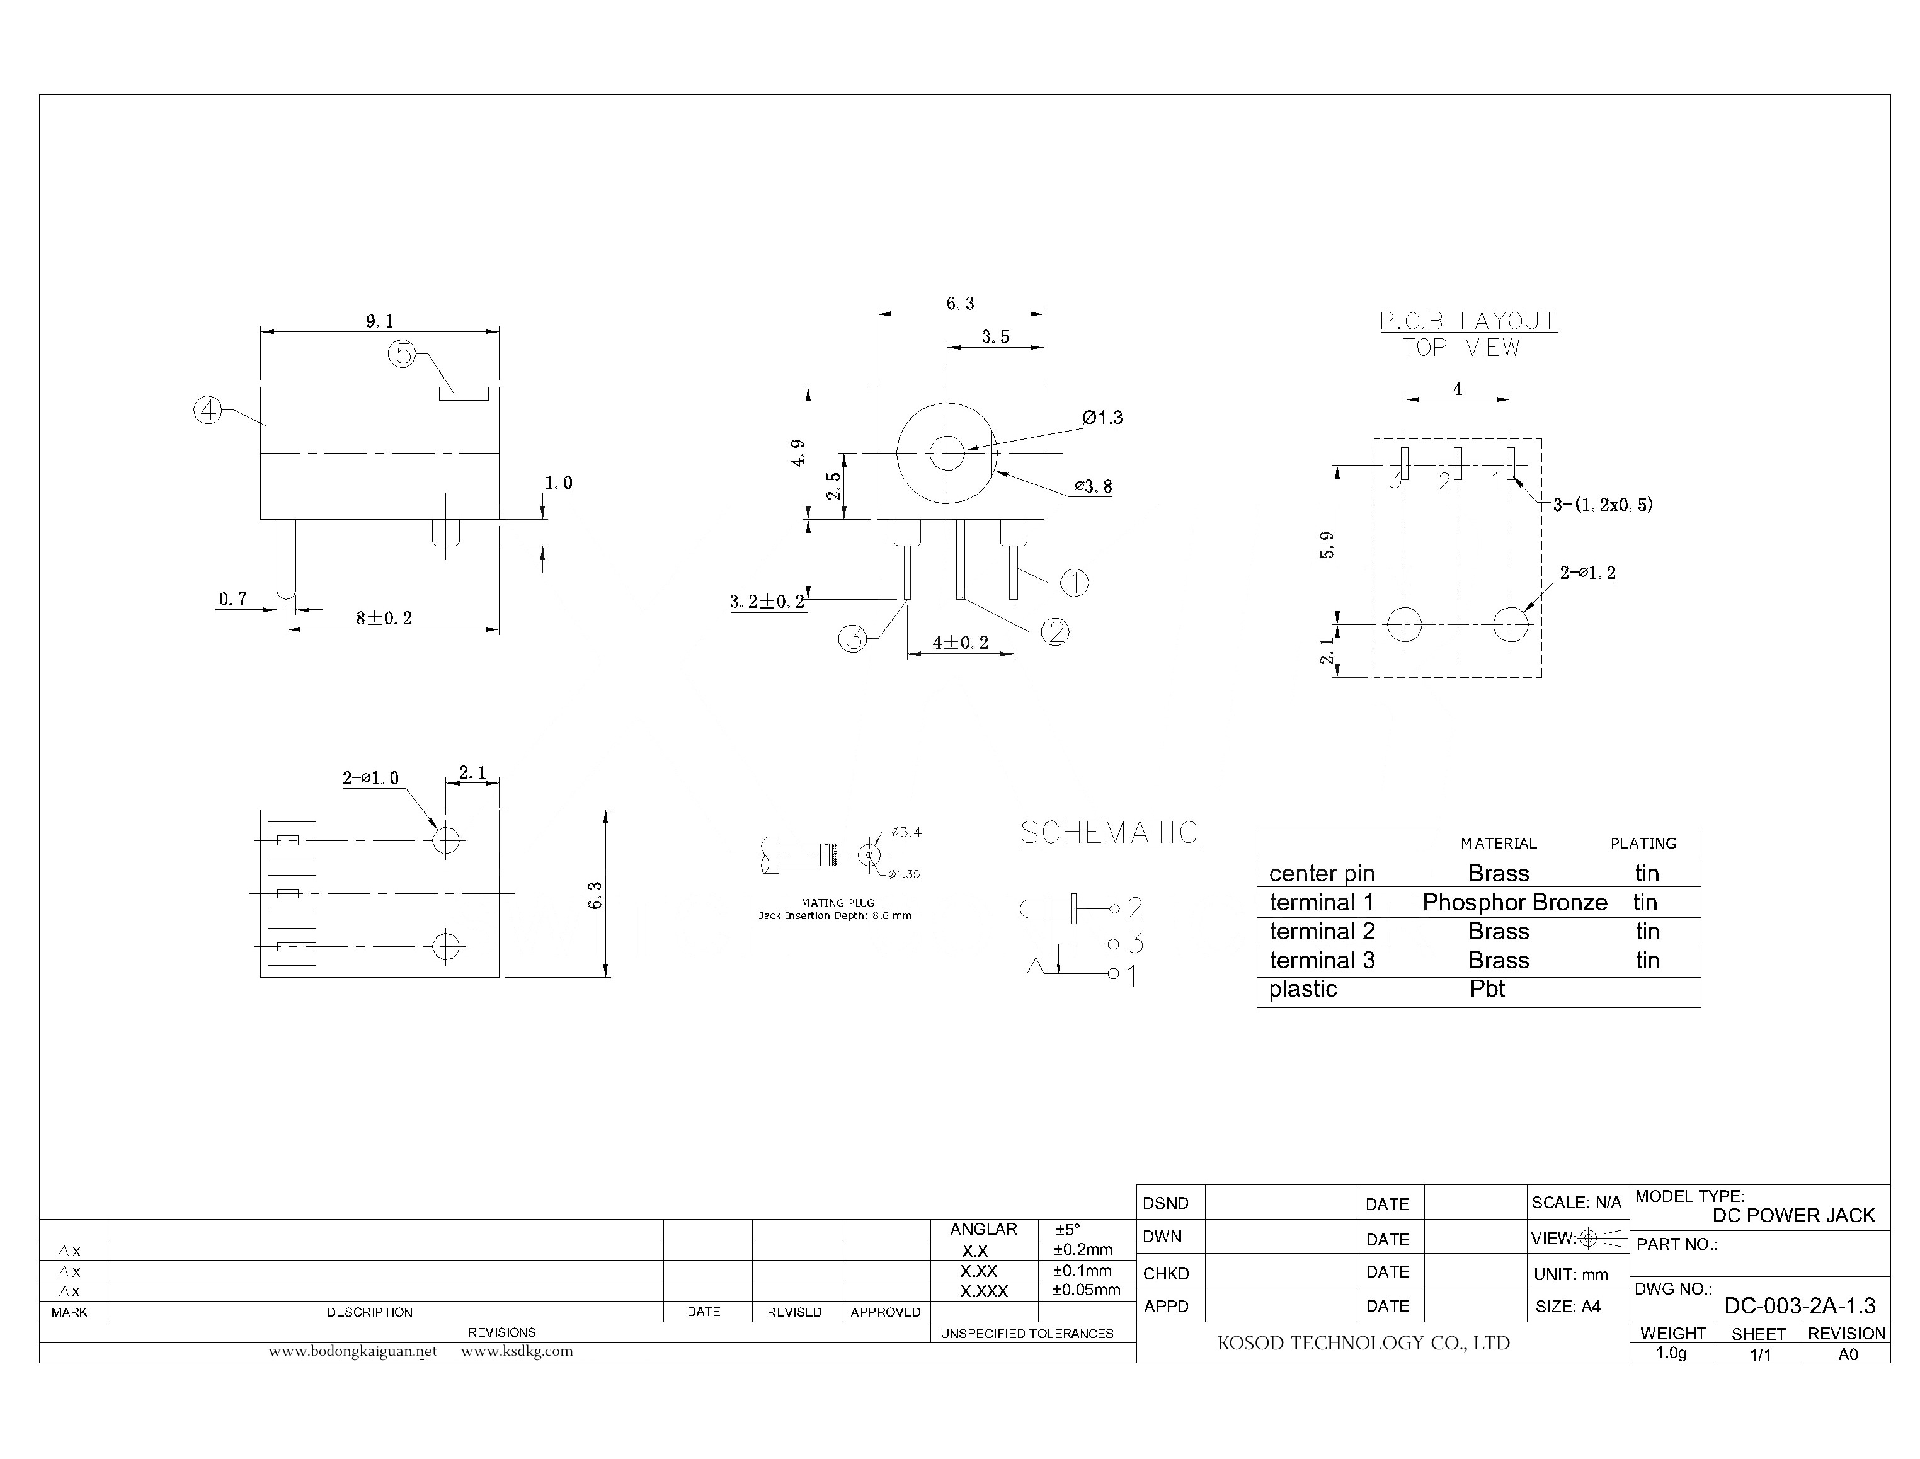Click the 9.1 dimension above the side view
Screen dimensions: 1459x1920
(x=379, y=321)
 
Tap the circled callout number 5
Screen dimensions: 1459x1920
(x=402, y=353)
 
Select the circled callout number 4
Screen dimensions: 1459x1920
(x=207, y=410)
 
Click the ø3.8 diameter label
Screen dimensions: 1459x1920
(x=1092, y=486)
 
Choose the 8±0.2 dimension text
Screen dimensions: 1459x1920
(x=384, y=619)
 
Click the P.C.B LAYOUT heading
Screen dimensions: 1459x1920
(x=1468, y=321)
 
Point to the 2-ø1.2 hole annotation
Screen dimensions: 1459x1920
(x=1587, y=572)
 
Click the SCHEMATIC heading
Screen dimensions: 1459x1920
(x=1110, y=833)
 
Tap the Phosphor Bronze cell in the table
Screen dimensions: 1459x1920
(x=1514, y=902)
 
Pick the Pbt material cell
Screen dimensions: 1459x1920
(x=1487, y=988)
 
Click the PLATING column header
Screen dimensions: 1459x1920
(x=1643, y=844)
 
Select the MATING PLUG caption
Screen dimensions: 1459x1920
(x=837, y=902)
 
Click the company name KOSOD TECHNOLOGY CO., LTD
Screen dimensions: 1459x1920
(x=1363, y=1342)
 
